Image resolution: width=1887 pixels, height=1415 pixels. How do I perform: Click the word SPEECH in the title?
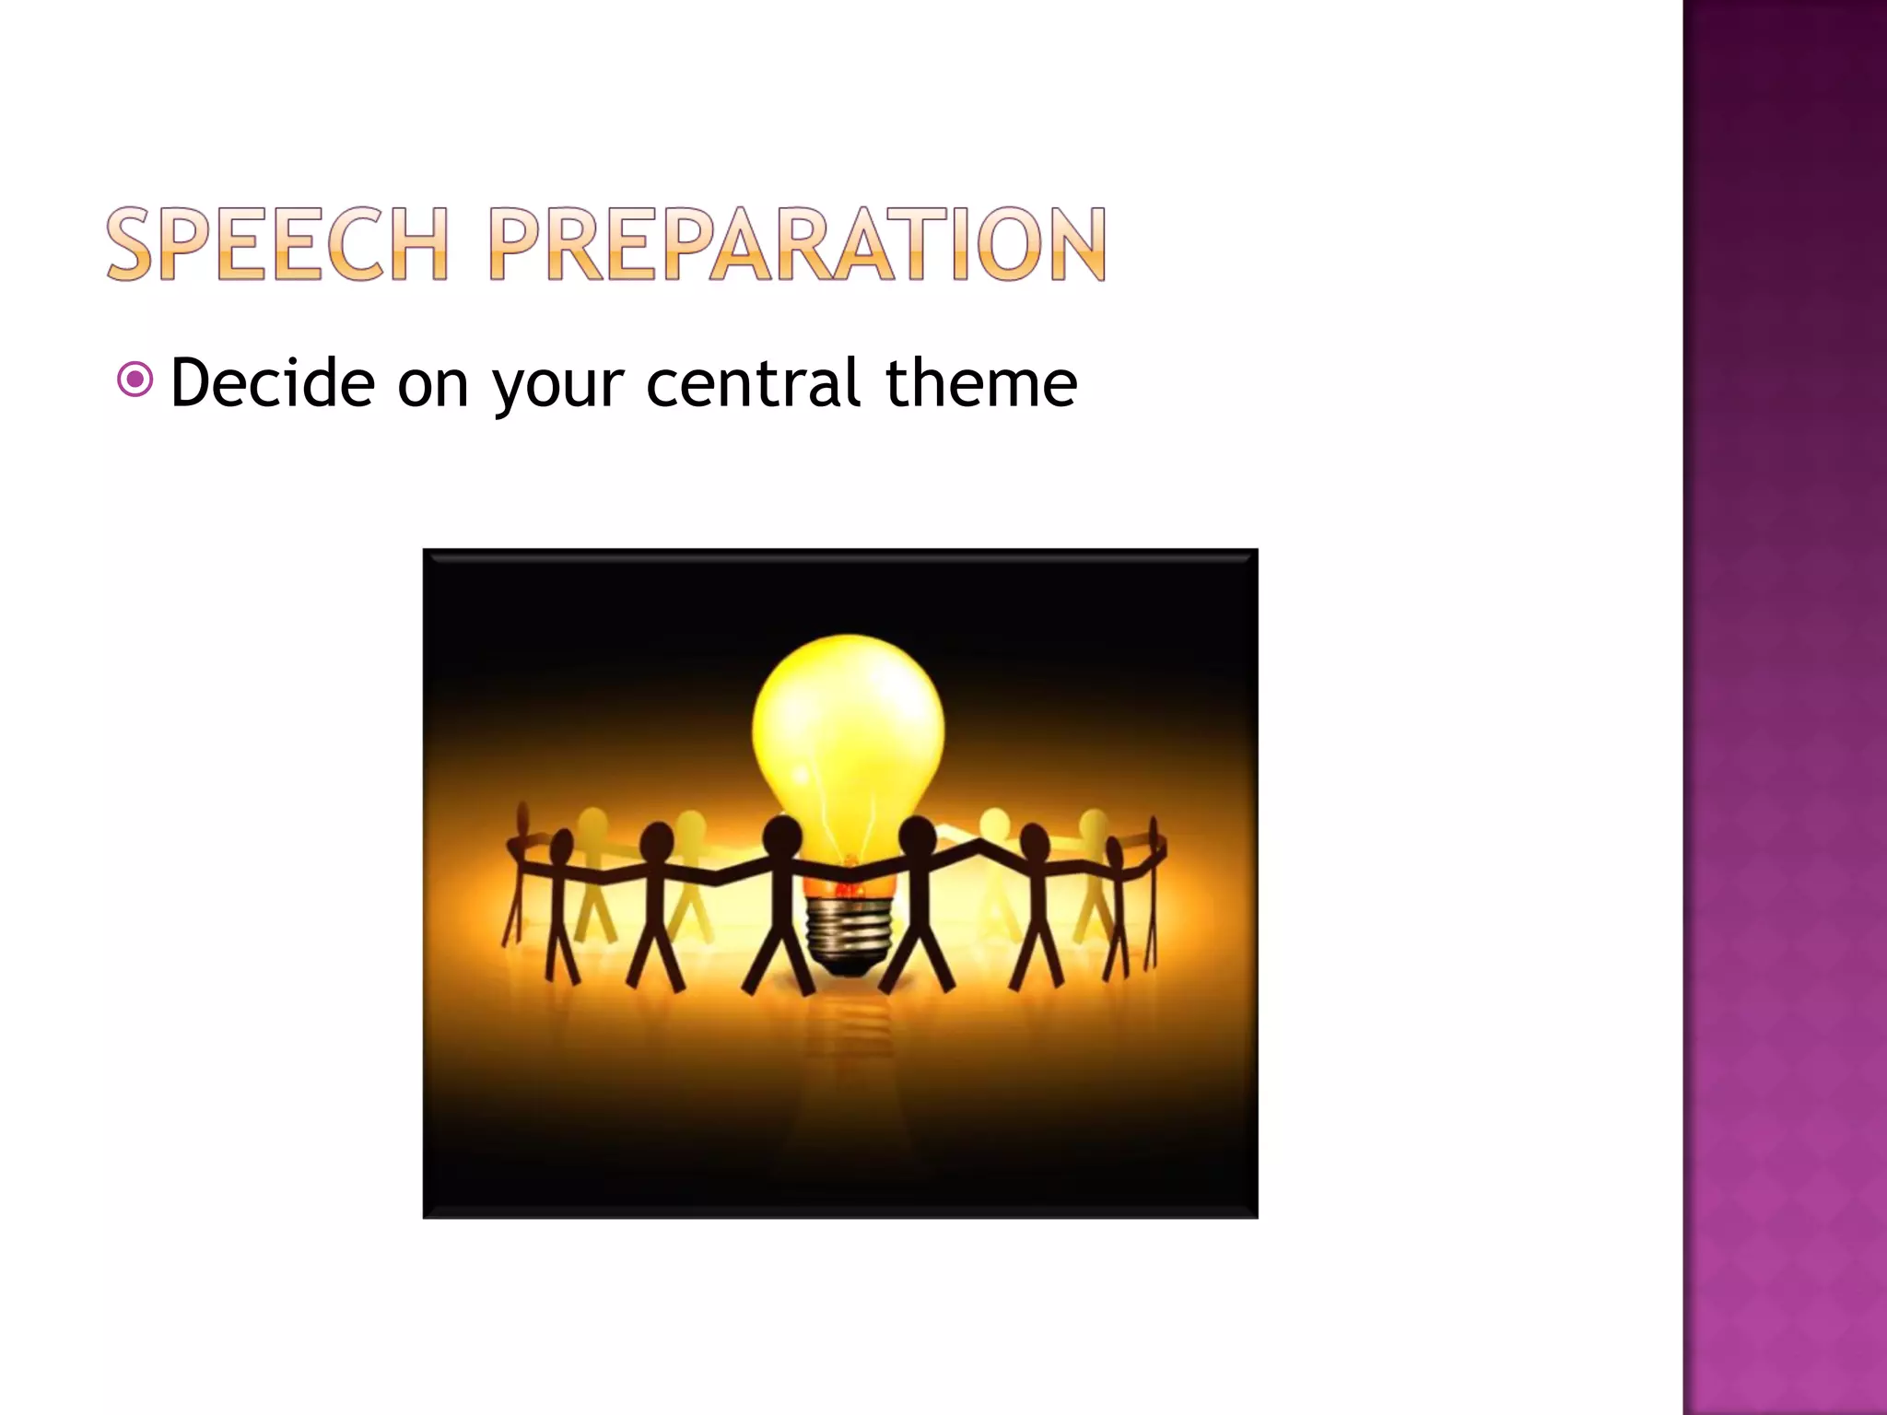coord(277,244)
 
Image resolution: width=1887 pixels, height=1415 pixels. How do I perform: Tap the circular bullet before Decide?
coord(135,380)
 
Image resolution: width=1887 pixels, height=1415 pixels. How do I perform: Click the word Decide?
coord(273,382)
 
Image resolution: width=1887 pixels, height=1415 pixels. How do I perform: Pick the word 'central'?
coord(753,382)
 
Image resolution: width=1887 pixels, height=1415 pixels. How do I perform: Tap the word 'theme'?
coord(980,382)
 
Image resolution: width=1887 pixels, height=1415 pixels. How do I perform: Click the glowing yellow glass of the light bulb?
coord(848,728)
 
